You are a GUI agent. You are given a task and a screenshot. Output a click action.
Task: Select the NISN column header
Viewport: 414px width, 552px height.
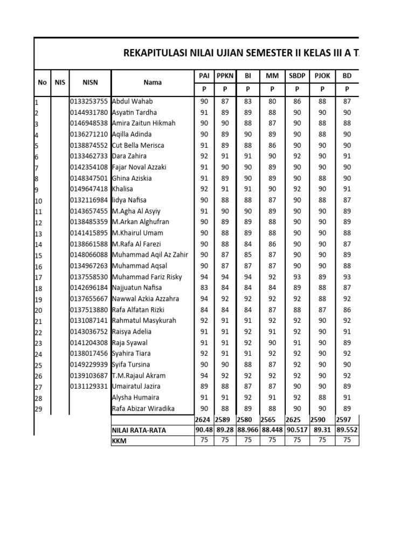89,82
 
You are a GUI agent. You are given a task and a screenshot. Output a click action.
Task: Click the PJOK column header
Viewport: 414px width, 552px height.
322,77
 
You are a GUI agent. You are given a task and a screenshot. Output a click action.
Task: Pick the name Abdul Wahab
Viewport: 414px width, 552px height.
132,101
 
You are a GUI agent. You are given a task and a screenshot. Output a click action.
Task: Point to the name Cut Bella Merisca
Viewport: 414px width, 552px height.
138,146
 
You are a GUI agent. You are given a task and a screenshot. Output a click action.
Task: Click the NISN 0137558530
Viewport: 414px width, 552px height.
89,277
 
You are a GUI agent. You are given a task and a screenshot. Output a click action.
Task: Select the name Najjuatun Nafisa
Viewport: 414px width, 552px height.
137,288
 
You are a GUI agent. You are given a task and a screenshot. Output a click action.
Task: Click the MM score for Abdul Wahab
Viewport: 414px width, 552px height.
272,101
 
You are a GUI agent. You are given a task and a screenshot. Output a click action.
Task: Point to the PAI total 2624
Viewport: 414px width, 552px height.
203,419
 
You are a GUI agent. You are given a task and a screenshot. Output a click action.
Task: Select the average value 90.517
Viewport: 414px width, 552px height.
297,430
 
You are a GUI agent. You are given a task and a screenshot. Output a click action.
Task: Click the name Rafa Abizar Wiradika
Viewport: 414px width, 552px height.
143,408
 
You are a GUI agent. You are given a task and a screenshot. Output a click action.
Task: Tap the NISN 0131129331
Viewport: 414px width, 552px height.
89,387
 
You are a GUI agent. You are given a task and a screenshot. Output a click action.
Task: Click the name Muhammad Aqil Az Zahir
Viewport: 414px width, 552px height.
150,255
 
